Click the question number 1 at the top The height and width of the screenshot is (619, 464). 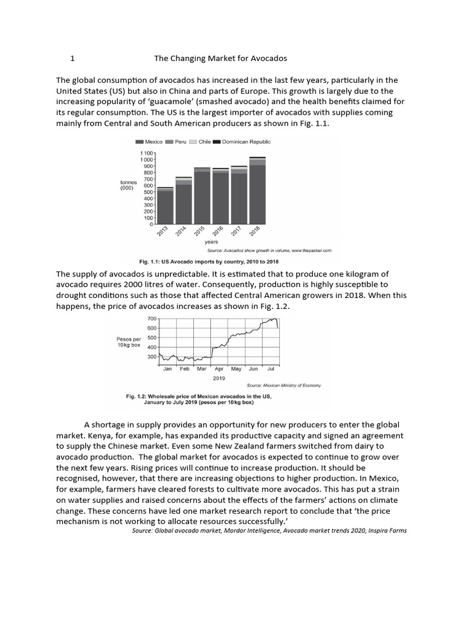pyautogui.click(x=72, y=59)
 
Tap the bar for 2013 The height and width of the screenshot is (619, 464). pyautogui.click(x=165, y=207)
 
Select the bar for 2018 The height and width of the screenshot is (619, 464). pyautogui.click(x=257, y=191)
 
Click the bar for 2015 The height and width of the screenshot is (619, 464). pyautogui.click(x=202, y=196)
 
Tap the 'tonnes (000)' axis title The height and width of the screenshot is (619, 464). pyautogui.click(x=129, y=184)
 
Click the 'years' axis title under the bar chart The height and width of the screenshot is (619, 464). pyautogui.click(x=211, y=242)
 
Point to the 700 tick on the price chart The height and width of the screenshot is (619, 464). pyautogui.click(x=152, y=318)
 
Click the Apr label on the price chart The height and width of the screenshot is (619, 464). pyautogui.click(x=219, y=368)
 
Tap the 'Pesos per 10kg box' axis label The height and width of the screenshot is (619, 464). pyautogui.click(x=129, y=342)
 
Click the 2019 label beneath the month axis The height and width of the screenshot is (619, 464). pyautogui.click(x=219, y=378)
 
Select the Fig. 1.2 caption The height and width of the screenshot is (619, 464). pyautogui.click(x=198, y=400)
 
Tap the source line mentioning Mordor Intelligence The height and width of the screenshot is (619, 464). pyautogui.click(x=269, y=531)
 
